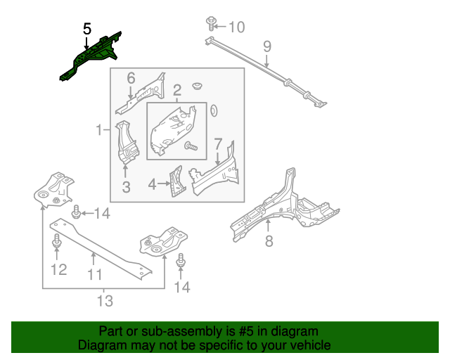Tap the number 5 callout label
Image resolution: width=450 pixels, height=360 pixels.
pyautogui.click(x=87, y=29)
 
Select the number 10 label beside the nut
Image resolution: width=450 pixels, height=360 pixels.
pyautogui.click(x=236, y=27)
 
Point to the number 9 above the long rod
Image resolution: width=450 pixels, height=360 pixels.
pyautogui.click(x=267, y=47)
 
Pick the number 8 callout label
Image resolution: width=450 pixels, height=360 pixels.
pyautogui.click(x=269, y=243)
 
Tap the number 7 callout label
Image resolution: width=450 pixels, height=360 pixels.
pyautogui.click(x=218, y=143)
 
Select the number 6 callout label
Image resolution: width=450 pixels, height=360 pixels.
pyautogui.click(x=131, y=77)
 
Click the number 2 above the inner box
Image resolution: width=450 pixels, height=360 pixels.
pyautogui.click(x=177, y=89)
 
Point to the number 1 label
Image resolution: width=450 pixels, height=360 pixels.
pyautogui.click(x=99, y=129)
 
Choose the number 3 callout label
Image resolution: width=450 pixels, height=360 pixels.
pyautogui.click(x=126, y=186)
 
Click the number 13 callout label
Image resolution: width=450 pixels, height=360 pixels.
pyautogui.click(x=104, y=302)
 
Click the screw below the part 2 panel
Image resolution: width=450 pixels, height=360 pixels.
pyautogui.click(x=190, y=146)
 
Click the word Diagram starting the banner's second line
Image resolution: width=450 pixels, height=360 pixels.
pyautogui.click(x=101, y=345)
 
